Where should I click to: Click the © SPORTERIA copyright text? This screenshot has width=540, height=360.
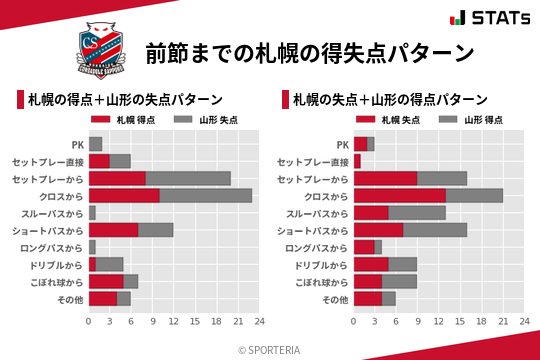click(270, 349)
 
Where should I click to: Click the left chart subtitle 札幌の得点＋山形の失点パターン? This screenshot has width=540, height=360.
click(125, 100)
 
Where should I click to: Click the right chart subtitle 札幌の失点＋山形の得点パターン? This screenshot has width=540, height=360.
click(391, 100)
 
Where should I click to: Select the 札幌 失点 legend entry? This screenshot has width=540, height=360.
click(394, 120)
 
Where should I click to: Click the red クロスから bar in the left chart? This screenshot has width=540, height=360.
click(124, 195)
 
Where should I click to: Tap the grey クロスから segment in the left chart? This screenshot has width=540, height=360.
click(206, 195)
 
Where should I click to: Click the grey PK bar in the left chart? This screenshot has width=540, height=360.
click(95, 144)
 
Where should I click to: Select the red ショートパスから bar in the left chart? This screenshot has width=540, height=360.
click(113, 230)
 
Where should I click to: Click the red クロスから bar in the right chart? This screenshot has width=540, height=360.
click(400, 195)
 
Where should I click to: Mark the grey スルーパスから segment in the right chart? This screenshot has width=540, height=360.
click(417, 213)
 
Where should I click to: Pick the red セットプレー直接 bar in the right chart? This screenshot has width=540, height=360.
click(357, 161)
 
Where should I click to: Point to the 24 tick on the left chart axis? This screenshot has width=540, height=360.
click(259, 321)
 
